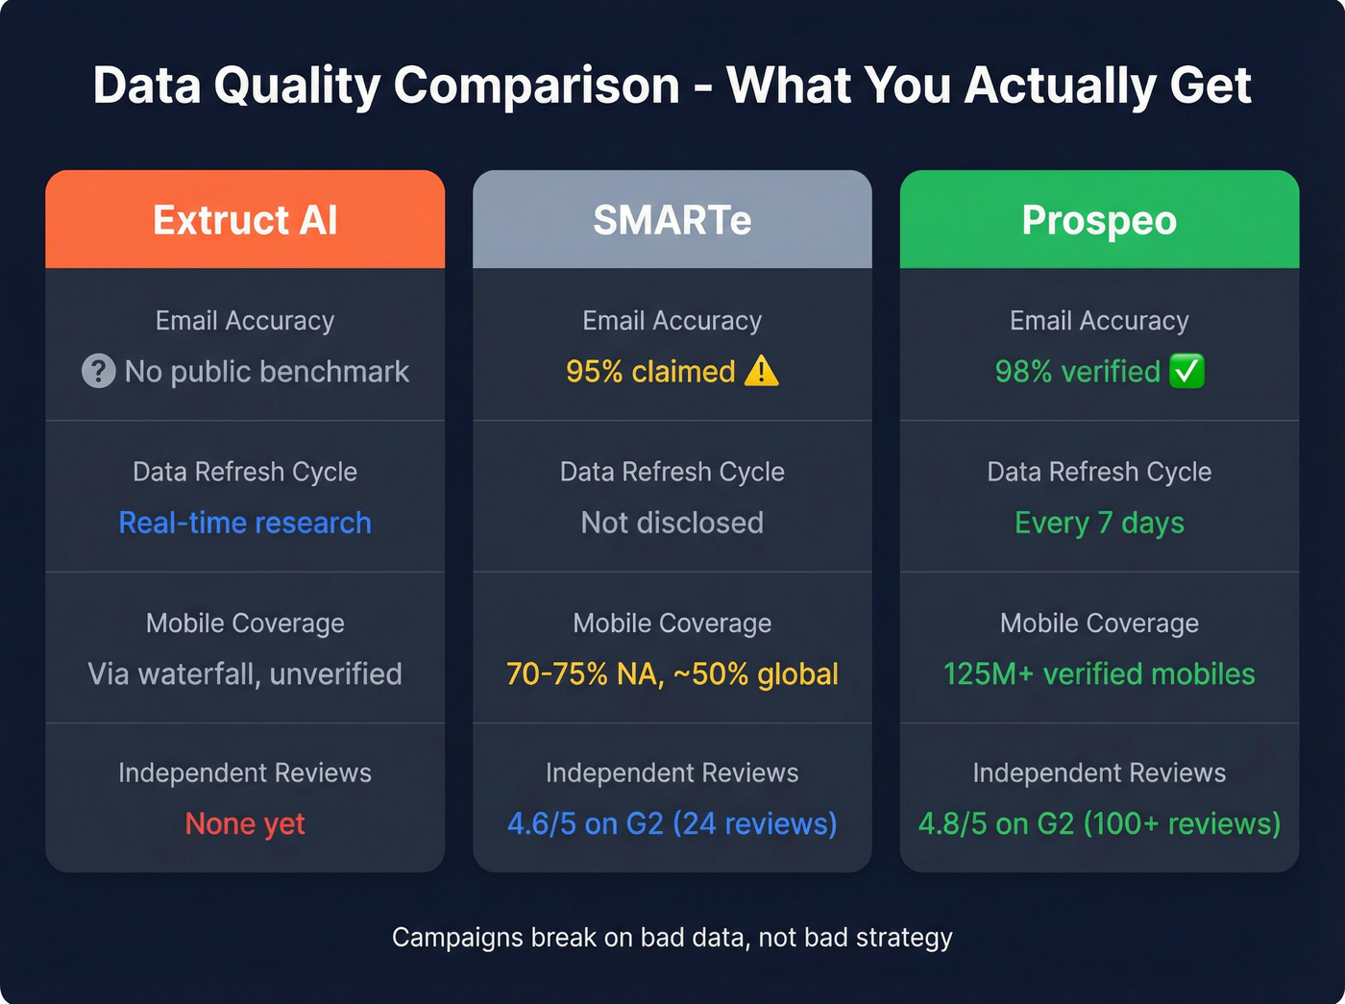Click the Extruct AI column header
(x=245, y=220)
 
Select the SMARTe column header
(x=672, y=220)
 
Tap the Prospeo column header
(x=1099, y=220)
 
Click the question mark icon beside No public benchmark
(x=98, y=371)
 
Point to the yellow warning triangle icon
(x=762, y=370)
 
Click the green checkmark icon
(x=1187, y=371)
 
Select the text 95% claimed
(x=650, y=371)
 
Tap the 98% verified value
(x=1077, y=371)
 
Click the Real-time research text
(x=245, y=523)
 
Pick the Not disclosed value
(x=672, y=523)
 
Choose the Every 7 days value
(x=1099, y=523)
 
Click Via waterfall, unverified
(x=245, y=673)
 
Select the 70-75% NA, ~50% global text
(x=672, y=673)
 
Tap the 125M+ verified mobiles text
(x=1099, y=673)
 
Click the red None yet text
(x=245, y=823)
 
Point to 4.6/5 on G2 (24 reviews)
(x=672, y=823)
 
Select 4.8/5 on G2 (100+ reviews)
(x=1099, y=823)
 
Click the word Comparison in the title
(x=536, y=86)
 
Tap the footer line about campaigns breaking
(x=672, y=937)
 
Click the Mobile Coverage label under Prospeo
(x=1099, y=624)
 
